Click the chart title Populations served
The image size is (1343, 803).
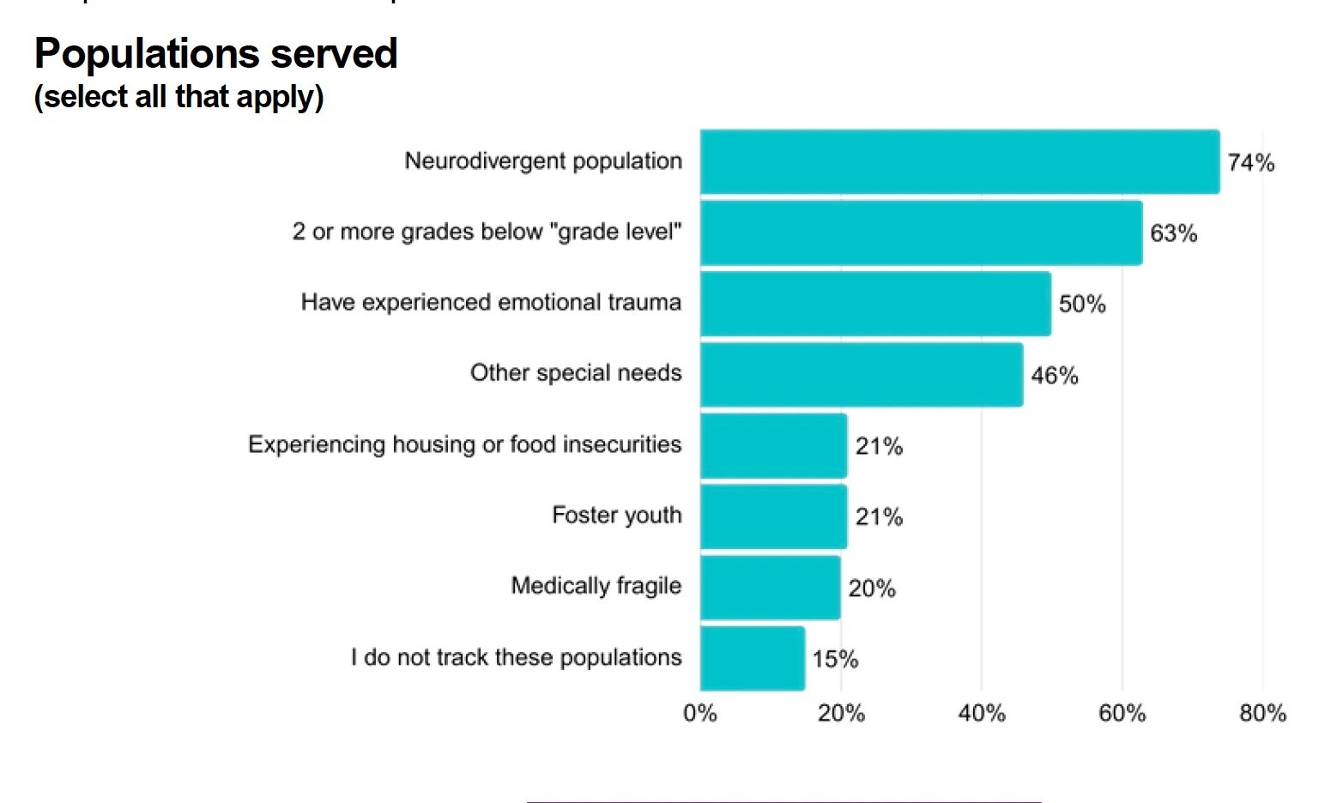pyautogui.click(x=215, y=53)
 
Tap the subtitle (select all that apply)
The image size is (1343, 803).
pyautogui.click(x=178, y=96)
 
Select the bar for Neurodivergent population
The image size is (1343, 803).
pyautogui.click(x=959, y=162)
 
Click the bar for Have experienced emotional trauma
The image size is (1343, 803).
pyautogui.click(x=875, y=304)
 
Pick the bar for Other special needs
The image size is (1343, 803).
pyautogui.click(x=862, y=375)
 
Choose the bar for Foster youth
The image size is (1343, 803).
pyautogui.click(x=773, y=516)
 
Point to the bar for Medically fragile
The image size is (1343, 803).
pyautogui.click(x=770, y=588)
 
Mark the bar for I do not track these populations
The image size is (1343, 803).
pyautogui.click(x=753, y=659)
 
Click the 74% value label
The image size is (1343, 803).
pyautogui.click(x=1250, y=163)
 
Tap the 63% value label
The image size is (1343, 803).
pyautogui.click(x=1173, y=233)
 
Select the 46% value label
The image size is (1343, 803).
pyautogui.click(x=1054, y=376)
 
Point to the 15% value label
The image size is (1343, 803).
pyautogui.click(x=835, y=659)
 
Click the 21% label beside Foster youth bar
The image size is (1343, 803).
pyautogui.click(x=879, y=517)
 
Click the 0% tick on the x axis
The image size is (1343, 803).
pyautogui.click(x=700, y=714)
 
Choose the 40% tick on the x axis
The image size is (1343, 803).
pyautogui.click(x=982, y=714)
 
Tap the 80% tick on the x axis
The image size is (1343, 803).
pyautogui.click(x=1262, y=714)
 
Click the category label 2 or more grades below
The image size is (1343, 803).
pyautogui.click(x=487, y=232)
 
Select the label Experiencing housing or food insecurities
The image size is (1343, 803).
pyautogui.click(x=464, y=444)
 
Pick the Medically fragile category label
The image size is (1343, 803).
pyautogui.click(x=596, y=586)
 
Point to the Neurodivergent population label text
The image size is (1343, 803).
pyautogui.click(x=543, y=161)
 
